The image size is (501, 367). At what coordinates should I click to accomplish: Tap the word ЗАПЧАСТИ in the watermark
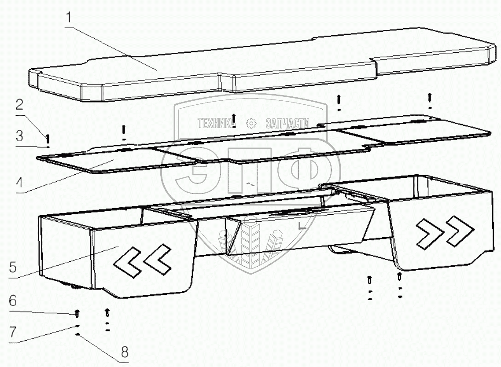pyautogui.click(x=287, y=124)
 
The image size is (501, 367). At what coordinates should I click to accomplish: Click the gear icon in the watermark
pyautogui.click(x=251, y=124)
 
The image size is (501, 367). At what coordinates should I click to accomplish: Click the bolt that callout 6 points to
pyautogui.click(x=77, y=314)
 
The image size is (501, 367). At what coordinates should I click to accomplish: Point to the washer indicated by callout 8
pyautogui.click(x=77, y=335)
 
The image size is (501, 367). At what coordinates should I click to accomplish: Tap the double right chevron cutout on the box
pyautogui.click(x=445, y=231)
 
